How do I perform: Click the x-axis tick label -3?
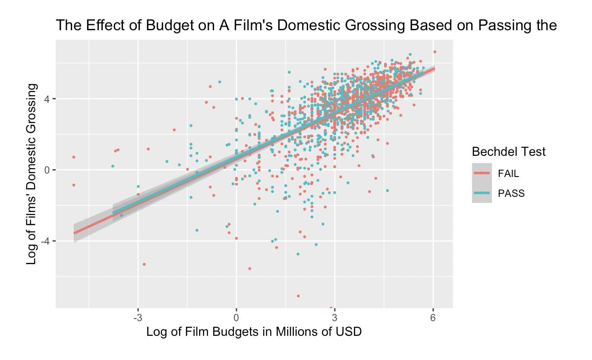pyautogui.click(x=138, y=318)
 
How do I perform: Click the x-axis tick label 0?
pyautogui.click(x=236, y=318)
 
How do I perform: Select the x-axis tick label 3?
pyautogui.click(x=335, y=318)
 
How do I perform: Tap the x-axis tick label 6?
pyautogui.click(x=433, y=318)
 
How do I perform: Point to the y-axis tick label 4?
pyautogui.click(x=48, y=99)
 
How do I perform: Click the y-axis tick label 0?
pyautogui.click(x=48, y=170)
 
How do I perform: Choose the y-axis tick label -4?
pyautogui.click(x=46, y=241)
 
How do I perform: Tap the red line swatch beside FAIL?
pyautogui.click(x=482, y=173)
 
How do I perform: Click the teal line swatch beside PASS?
pyautogui.click(x=482, y=193)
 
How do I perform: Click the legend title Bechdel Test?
pyautogui.click(x=509, y=152)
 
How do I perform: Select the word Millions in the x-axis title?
pyautogui.click(x=274, y=332)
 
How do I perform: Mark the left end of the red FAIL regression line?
pyautogui.click(x=74, y=233)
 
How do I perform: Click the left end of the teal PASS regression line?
pyautogui.click(x=113, y=213)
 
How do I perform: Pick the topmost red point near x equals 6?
pyautogui.click(x=435, y=52)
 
